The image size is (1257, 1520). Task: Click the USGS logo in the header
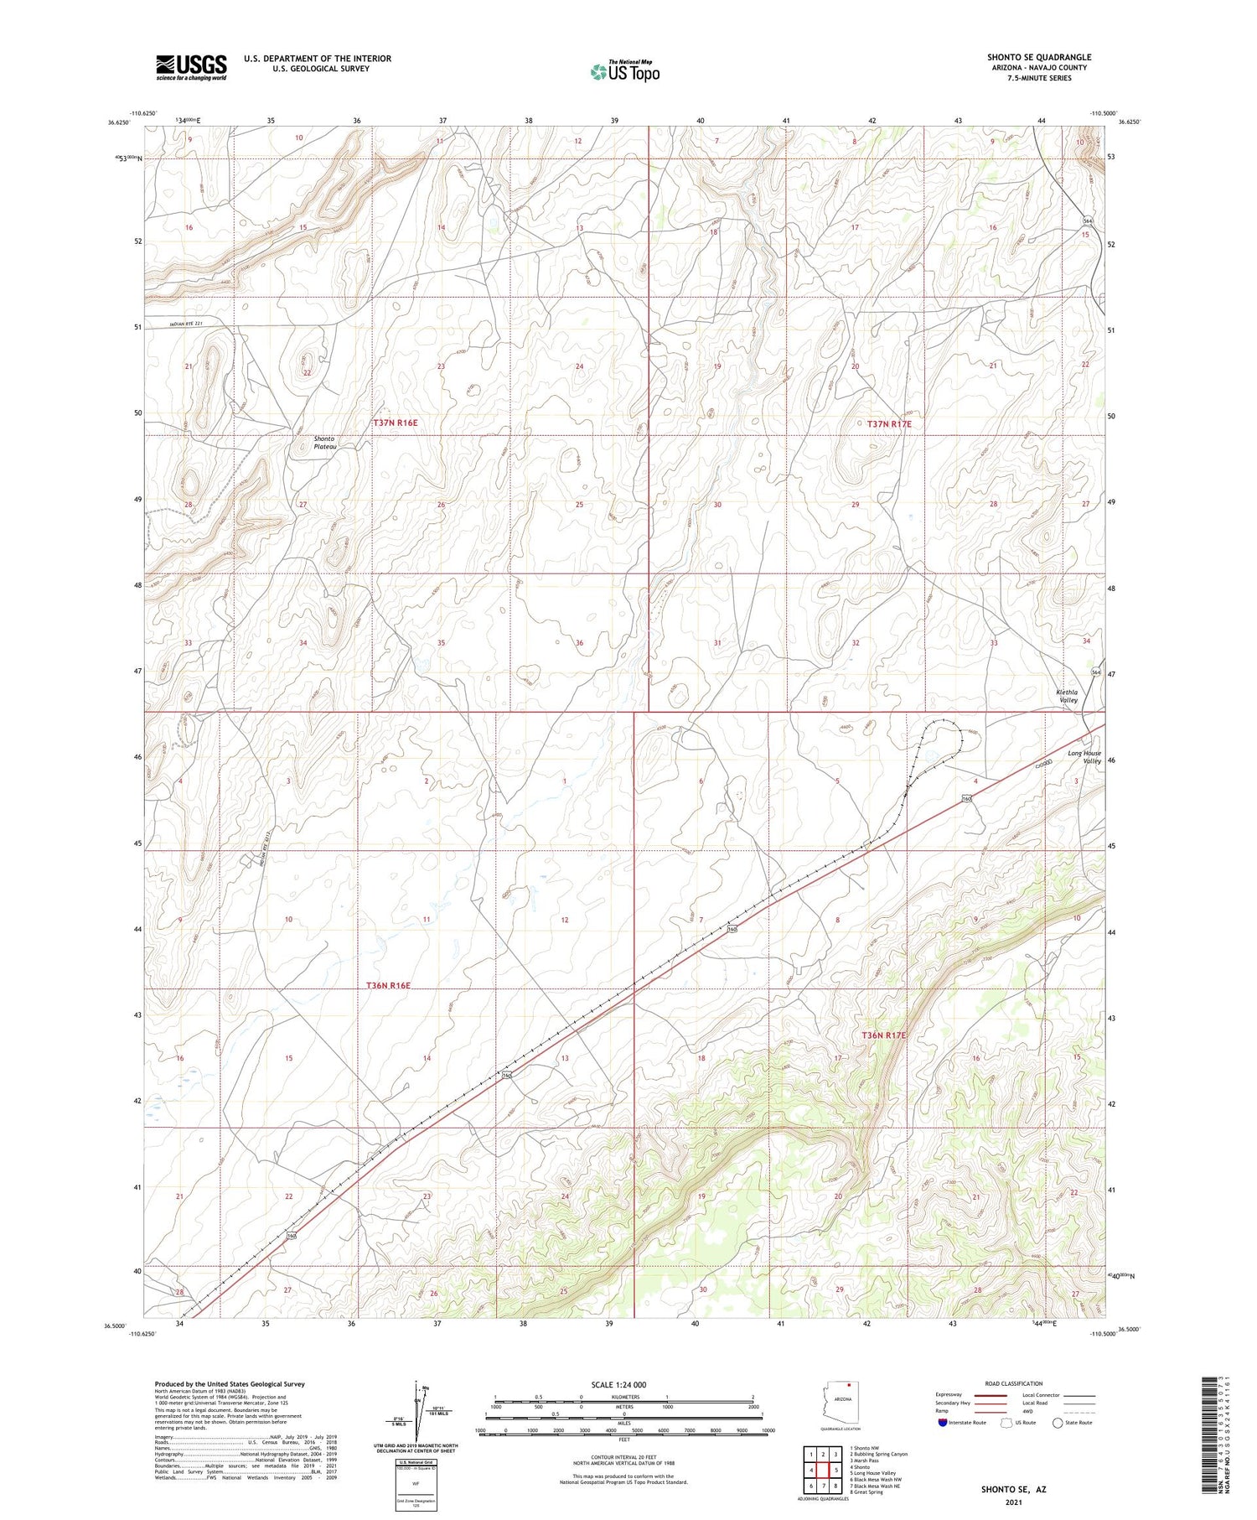(x=191, y=67)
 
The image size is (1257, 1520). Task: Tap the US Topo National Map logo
(x=624, y=71)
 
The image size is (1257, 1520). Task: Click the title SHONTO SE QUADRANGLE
(x=1038, y=57)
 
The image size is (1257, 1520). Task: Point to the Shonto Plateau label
(x=324, y=443)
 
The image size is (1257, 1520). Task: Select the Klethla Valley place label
(x=1068, y=696)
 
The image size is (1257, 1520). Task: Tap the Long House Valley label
(x=1084, y=757)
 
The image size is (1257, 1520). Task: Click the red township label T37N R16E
(x=395, y=423)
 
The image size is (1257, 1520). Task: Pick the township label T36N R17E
(x=884, y=1035)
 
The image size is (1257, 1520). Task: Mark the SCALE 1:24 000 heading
(x=623, y=1384)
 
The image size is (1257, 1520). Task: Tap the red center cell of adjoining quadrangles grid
(x=823, y=1470)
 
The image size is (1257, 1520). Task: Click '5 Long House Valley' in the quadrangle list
(x=872, y=1472)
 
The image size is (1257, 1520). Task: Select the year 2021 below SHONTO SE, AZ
(x=1013, y=1501)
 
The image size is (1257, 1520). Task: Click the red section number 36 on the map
(x=579, y=643)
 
